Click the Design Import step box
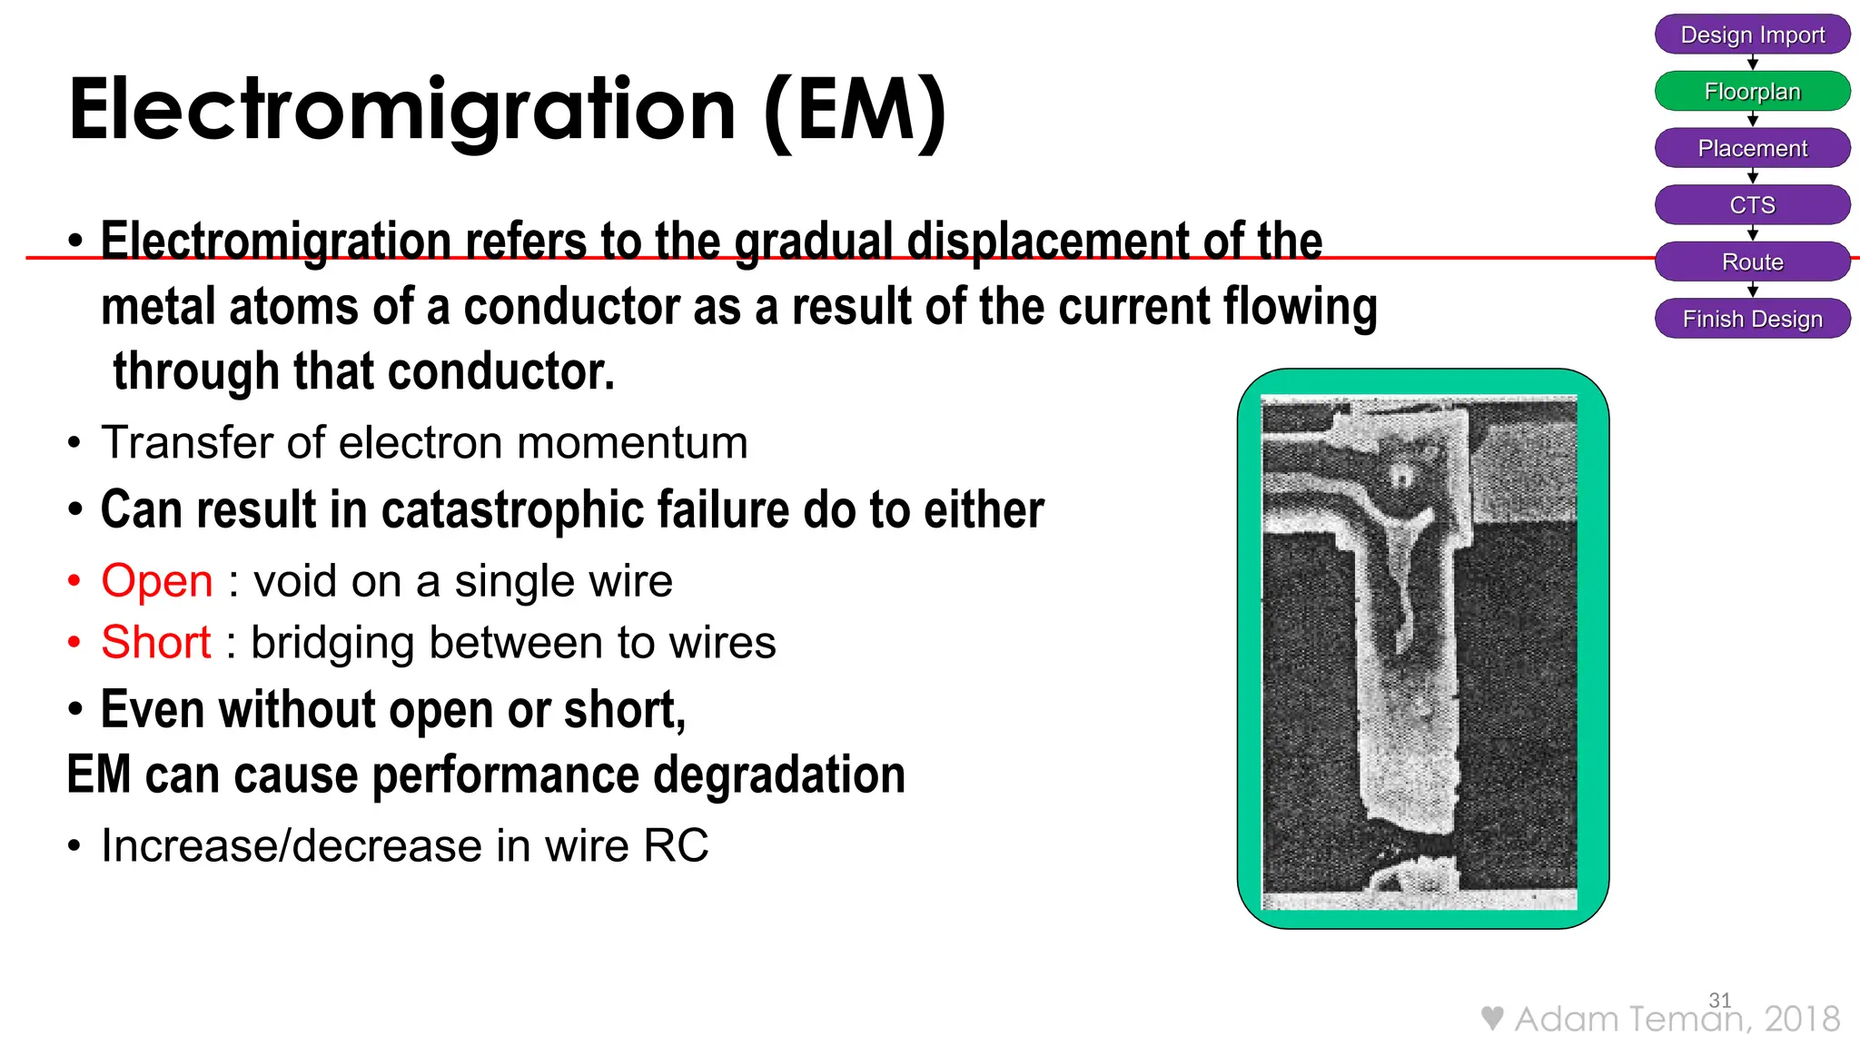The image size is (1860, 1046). click(x=1752, y=35)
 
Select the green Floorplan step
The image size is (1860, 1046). click(x=1752, y=92)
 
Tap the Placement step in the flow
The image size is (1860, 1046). click(x=1752, y=148)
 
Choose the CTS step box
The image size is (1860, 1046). click(x=1752, y=205)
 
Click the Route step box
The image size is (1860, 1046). click(x=1752, y=262)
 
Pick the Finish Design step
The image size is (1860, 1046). click(x=1752, y=319)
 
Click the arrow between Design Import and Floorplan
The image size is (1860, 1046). click(x=1752, y=63)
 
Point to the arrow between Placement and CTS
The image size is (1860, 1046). click(x=1752, y=176)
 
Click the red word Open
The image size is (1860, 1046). click(x=157, y=581)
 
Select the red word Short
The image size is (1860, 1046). click(x=156, y=643)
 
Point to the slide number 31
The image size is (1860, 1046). click(x=1719, y=1000)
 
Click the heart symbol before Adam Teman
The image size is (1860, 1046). click(x=1491, y=1018)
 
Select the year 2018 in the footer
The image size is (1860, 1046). click(x=1802, y=1019)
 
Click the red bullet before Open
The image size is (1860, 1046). click(x=74, y=581)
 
